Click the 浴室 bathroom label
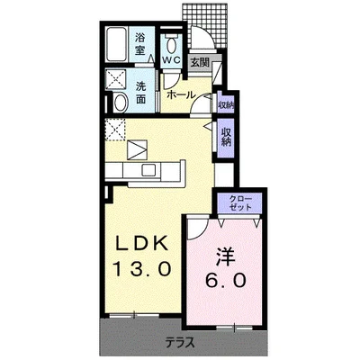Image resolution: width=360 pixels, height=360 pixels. [x=139, y=44]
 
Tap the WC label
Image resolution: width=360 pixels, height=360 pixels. [x=171, y=59]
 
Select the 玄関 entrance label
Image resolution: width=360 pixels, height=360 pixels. [x=200, y=62]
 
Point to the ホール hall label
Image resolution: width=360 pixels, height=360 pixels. [x=181, y=95]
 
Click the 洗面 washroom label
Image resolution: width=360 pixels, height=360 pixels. [x=140, y=93]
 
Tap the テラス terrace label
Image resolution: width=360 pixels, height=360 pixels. [x=180, y=342]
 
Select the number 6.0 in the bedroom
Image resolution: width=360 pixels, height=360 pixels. [x=226, y=281]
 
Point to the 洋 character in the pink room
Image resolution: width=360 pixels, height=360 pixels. [x=226, y=257]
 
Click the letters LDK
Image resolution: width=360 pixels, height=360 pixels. [x=142, y=243]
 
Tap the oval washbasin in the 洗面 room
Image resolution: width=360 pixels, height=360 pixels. [x=121, y=103]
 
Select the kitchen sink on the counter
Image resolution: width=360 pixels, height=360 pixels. [x=148, y=170]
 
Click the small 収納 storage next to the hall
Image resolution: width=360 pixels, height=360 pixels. [x=226, y=102]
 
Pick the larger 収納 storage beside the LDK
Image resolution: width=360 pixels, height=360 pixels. [x=226, y=139]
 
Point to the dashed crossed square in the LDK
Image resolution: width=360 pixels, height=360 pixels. [x=115, y=130]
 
